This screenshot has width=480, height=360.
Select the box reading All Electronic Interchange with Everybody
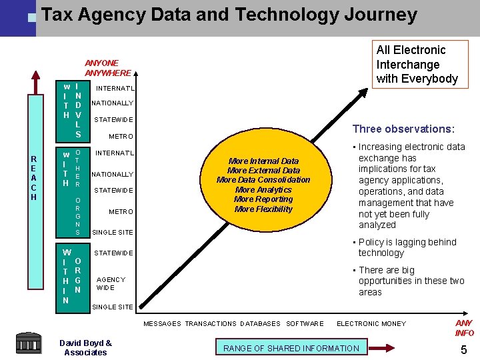(x=417, y=64)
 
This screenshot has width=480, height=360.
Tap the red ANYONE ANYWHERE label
(x=108, y=68)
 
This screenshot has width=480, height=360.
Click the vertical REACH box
(x=34, y=178)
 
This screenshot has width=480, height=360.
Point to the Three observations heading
(x=403, y=129)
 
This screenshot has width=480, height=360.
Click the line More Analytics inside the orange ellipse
(x=263, y=190)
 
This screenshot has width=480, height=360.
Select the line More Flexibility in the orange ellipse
(x=263, y=209)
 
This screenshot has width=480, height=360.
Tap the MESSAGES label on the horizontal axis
(x=162, y=324)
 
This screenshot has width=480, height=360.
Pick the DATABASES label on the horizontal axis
(x=260, y=324)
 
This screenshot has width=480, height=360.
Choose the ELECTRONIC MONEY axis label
(x=371, y=324)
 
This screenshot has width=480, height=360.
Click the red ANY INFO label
(x=465, y=328)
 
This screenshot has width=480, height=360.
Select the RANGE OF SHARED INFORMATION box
(x=291, y=348)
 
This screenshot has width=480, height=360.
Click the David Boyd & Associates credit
(x=85, y=348)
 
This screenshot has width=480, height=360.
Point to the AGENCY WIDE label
(x=111, y=284)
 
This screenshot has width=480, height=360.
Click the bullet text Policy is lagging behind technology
(x=407, y=247)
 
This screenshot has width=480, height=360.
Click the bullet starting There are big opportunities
(x=410, y=281)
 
